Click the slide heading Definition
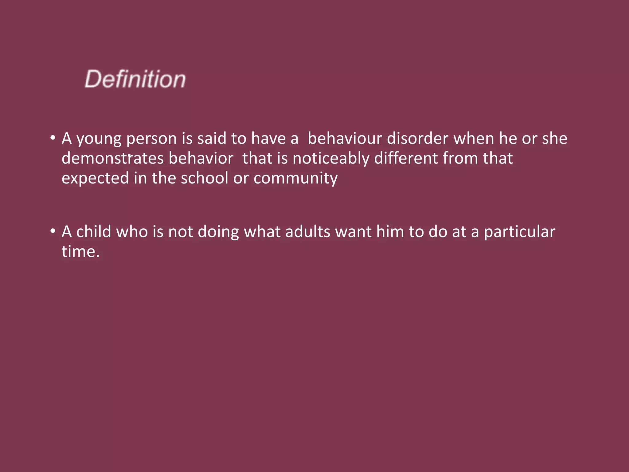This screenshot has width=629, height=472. [135, 79]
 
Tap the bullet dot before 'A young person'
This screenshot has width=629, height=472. [53, 138]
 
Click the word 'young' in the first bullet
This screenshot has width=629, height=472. [99, 139]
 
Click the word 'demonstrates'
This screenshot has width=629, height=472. [112, 158]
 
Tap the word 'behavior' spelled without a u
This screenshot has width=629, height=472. [201, 158]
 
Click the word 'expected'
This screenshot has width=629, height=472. [95, 179]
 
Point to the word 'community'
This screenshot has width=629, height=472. [295, 179]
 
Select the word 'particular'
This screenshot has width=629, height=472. [520, 232]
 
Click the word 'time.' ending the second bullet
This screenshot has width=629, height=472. [80, 251]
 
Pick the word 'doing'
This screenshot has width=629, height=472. [218, 232]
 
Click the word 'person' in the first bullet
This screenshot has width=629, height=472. [151, 139]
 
